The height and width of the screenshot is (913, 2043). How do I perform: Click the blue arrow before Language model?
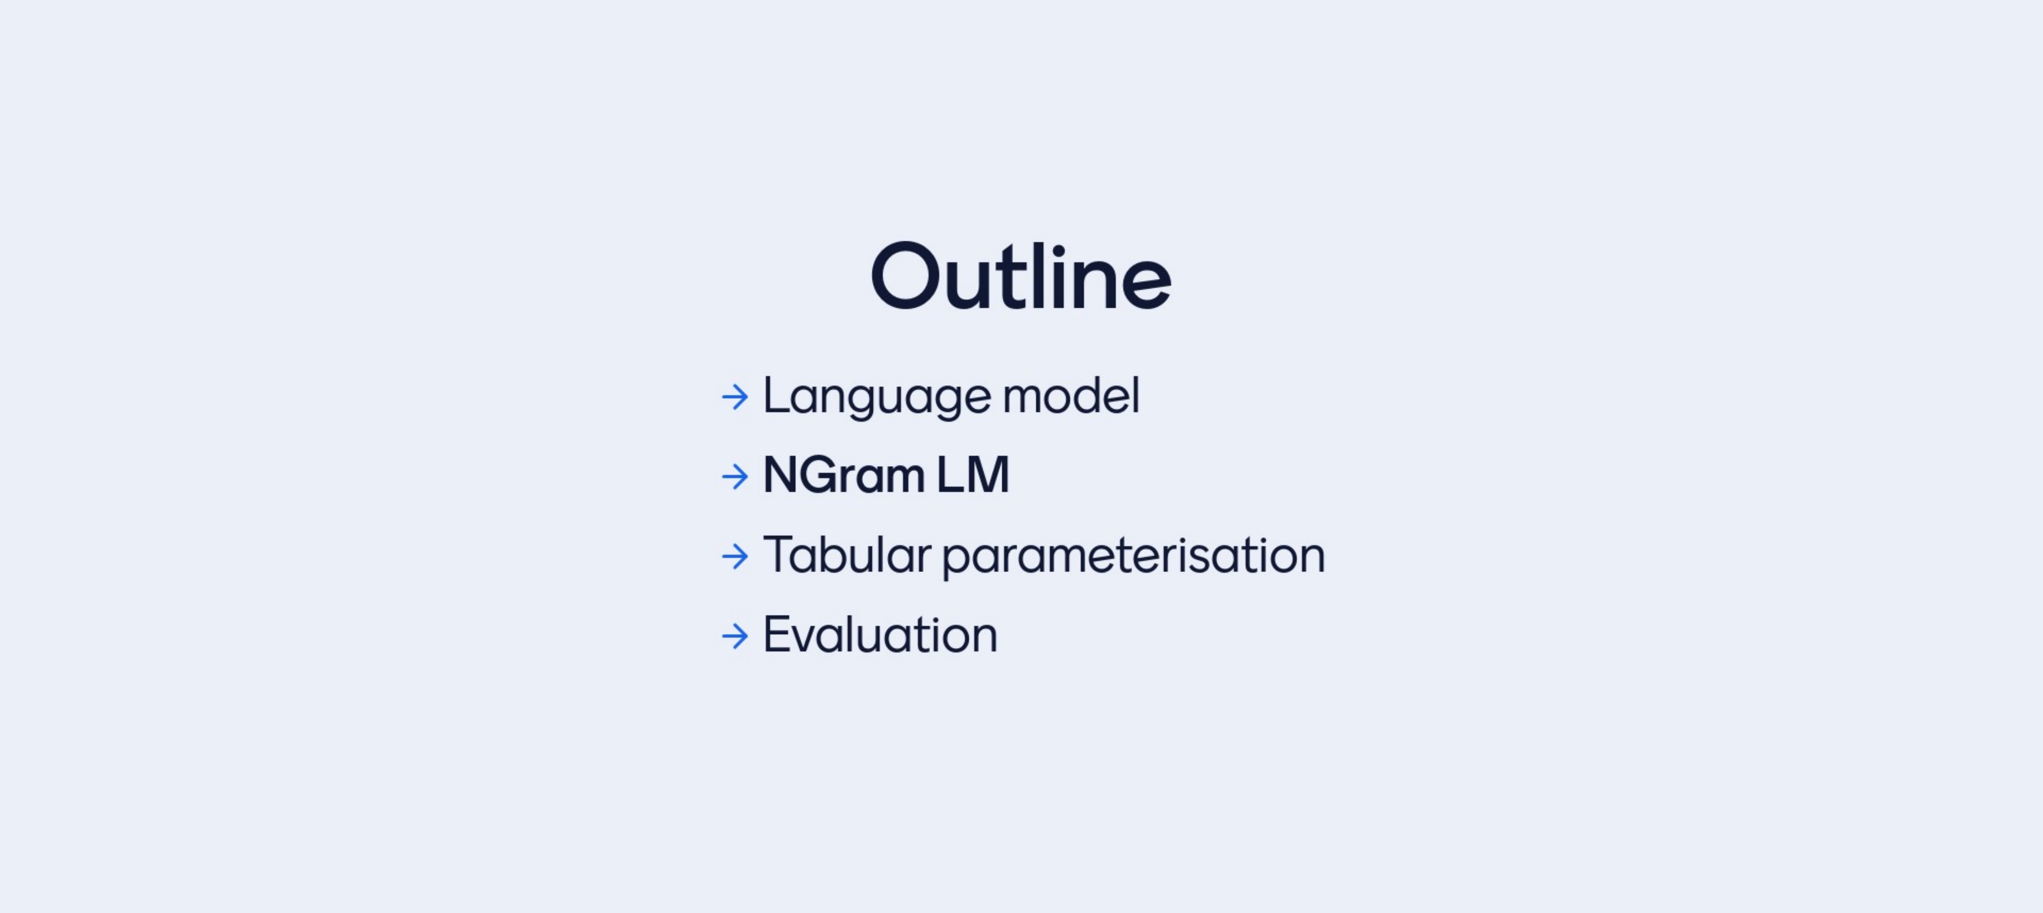click(735, 397)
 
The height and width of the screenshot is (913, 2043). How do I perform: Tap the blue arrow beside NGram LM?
click(735, 476)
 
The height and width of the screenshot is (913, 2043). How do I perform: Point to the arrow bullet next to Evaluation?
click(735, 636)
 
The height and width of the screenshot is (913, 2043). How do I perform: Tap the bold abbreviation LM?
click(972, 475)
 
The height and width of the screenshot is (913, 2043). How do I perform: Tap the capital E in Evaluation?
click(777, 634)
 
